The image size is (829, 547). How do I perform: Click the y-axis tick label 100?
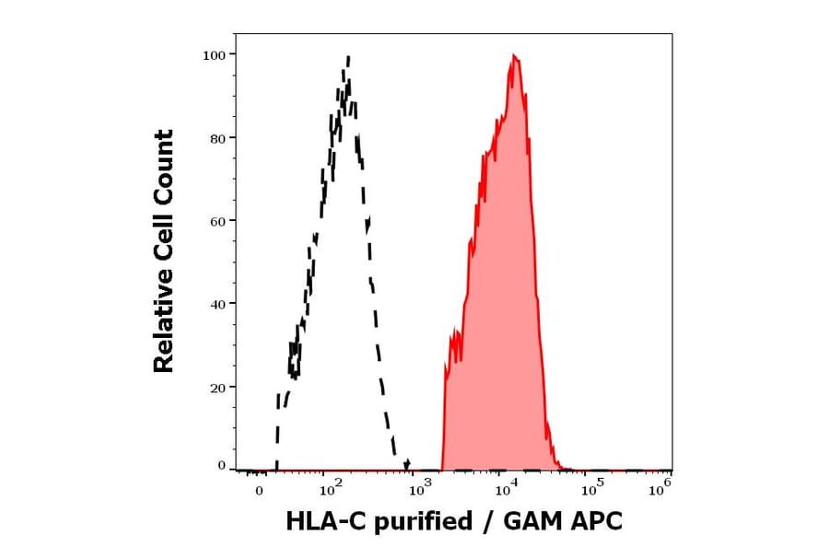(x=214, y=55)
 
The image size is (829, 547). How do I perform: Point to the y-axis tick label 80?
(x=217, y=138)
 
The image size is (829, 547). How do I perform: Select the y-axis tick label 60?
(x=217, y=221)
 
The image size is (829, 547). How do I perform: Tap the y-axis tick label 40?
(x=217, y=304)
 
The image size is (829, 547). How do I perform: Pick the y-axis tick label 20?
(x=217, y=387)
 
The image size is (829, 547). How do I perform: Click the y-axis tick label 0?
(x=221, y=466)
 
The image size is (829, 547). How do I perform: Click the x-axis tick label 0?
(x=259, y=491)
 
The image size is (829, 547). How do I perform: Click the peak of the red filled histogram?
(x=514, y=56)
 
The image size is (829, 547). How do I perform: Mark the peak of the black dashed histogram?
(x=347, y=58)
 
